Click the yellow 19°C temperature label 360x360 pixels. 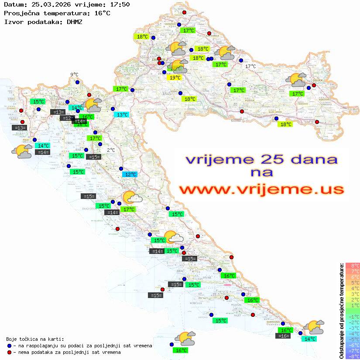[175, 78]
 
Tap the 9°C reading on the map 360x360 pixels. [74, 75]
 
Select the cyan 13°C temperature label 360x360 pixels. [122, 115]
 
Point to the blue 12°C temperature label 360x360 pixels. [130, 175]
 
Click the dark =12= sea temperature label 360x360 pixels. [67, 118]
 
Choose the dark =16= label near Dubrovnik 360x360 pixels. [283, 336]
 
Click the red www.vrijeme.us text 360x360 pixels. [261, 189]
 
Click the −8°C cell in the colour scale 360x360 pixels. [353, 356]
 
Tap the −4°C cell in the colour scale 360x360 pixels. [353, 333]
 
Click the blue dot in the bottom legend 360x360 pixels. [9, 346]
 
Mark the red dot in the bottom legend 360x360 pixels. [9, 352]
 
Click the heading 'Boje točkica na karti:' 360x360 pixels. [35, 339]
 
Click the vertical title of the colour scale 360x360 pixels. [341, 311]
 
